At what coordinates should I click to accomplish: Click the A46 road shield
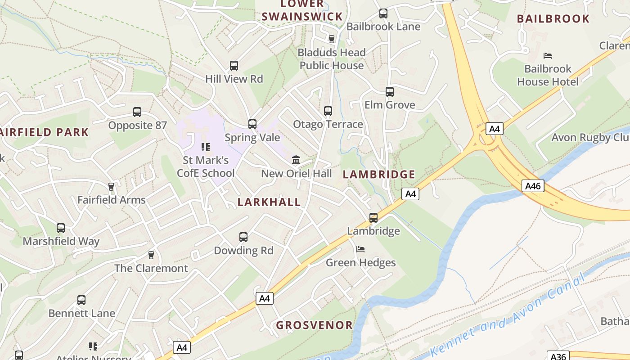(533, 185)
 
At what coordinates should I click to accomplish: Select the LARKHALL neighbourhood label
(269, 202)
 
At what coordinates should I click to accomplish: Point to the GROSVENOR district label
(314, 325)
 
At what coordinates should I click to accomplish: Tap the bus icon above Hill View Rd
(234, 66)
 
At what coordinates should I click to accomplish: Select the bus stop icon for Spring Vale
(252, 124)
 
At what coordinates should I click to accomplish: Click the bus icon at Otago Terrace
(328, 111)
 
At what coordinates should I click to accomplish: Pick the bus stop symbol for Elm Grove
(390, 92)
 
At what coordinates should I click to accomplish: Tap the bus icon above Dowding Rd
(243, 237)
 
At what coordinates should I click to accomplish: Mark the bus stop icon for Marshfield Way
(61, 228)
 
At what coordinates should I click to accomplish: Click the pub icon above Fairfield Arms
(111, 186)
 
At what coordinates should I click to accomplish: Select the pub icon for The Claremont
(151, 255)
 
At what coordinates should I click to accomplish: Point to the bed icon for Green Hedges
(360, 249)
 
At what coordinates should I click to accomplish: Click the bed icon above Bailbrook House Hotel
(548, 56)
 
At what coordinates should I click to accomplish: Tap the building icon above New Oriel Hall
(296, 160)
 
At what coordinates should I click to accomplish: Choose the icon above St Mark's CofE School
(206, 147)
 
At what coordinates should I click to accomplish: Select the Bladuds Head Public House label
(332, 59)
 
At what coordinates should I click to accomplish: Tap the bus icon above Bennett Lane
(81, 300)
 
